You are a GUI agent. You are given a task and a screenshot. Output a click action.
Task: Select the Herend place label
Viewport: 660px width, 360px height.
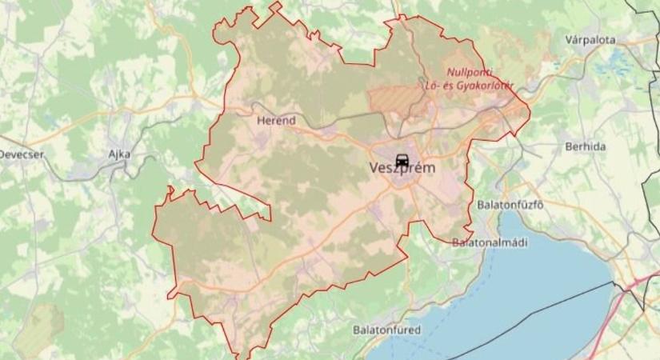click(x=277, y=121)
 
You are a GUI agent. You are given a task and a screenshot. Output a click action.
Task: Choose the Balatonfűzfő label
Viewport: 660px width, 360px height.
click(x=510, y=204)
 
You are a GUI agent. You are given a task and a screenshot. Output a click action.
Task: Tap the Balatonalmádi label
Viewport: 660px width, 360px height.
click(x=490, y=242)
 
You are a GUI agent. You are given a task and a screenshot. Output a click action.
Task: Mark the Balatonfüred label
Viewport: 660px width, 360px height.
click(x=386, y=329)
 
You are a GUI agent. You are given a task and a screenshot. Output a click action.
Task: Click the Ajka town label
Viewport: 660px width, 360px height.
click(x=119, y=154)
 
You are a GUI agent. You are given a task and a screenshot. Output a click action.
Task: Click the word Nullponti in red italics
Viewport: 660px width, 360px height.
click(x=472, y=71)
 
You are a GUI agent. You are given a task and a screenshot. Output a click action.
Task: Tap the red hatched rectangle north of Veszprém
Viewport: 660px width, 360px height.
click(x=395, y=99)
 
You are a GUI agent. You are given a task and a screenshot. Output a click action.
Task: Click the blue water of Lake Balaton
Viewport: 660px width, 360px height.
click(x=512, y=296)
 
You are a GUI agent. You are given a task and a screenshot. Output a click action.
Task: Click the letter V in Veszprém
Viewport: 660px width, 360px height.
click(x=375, y=169)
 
